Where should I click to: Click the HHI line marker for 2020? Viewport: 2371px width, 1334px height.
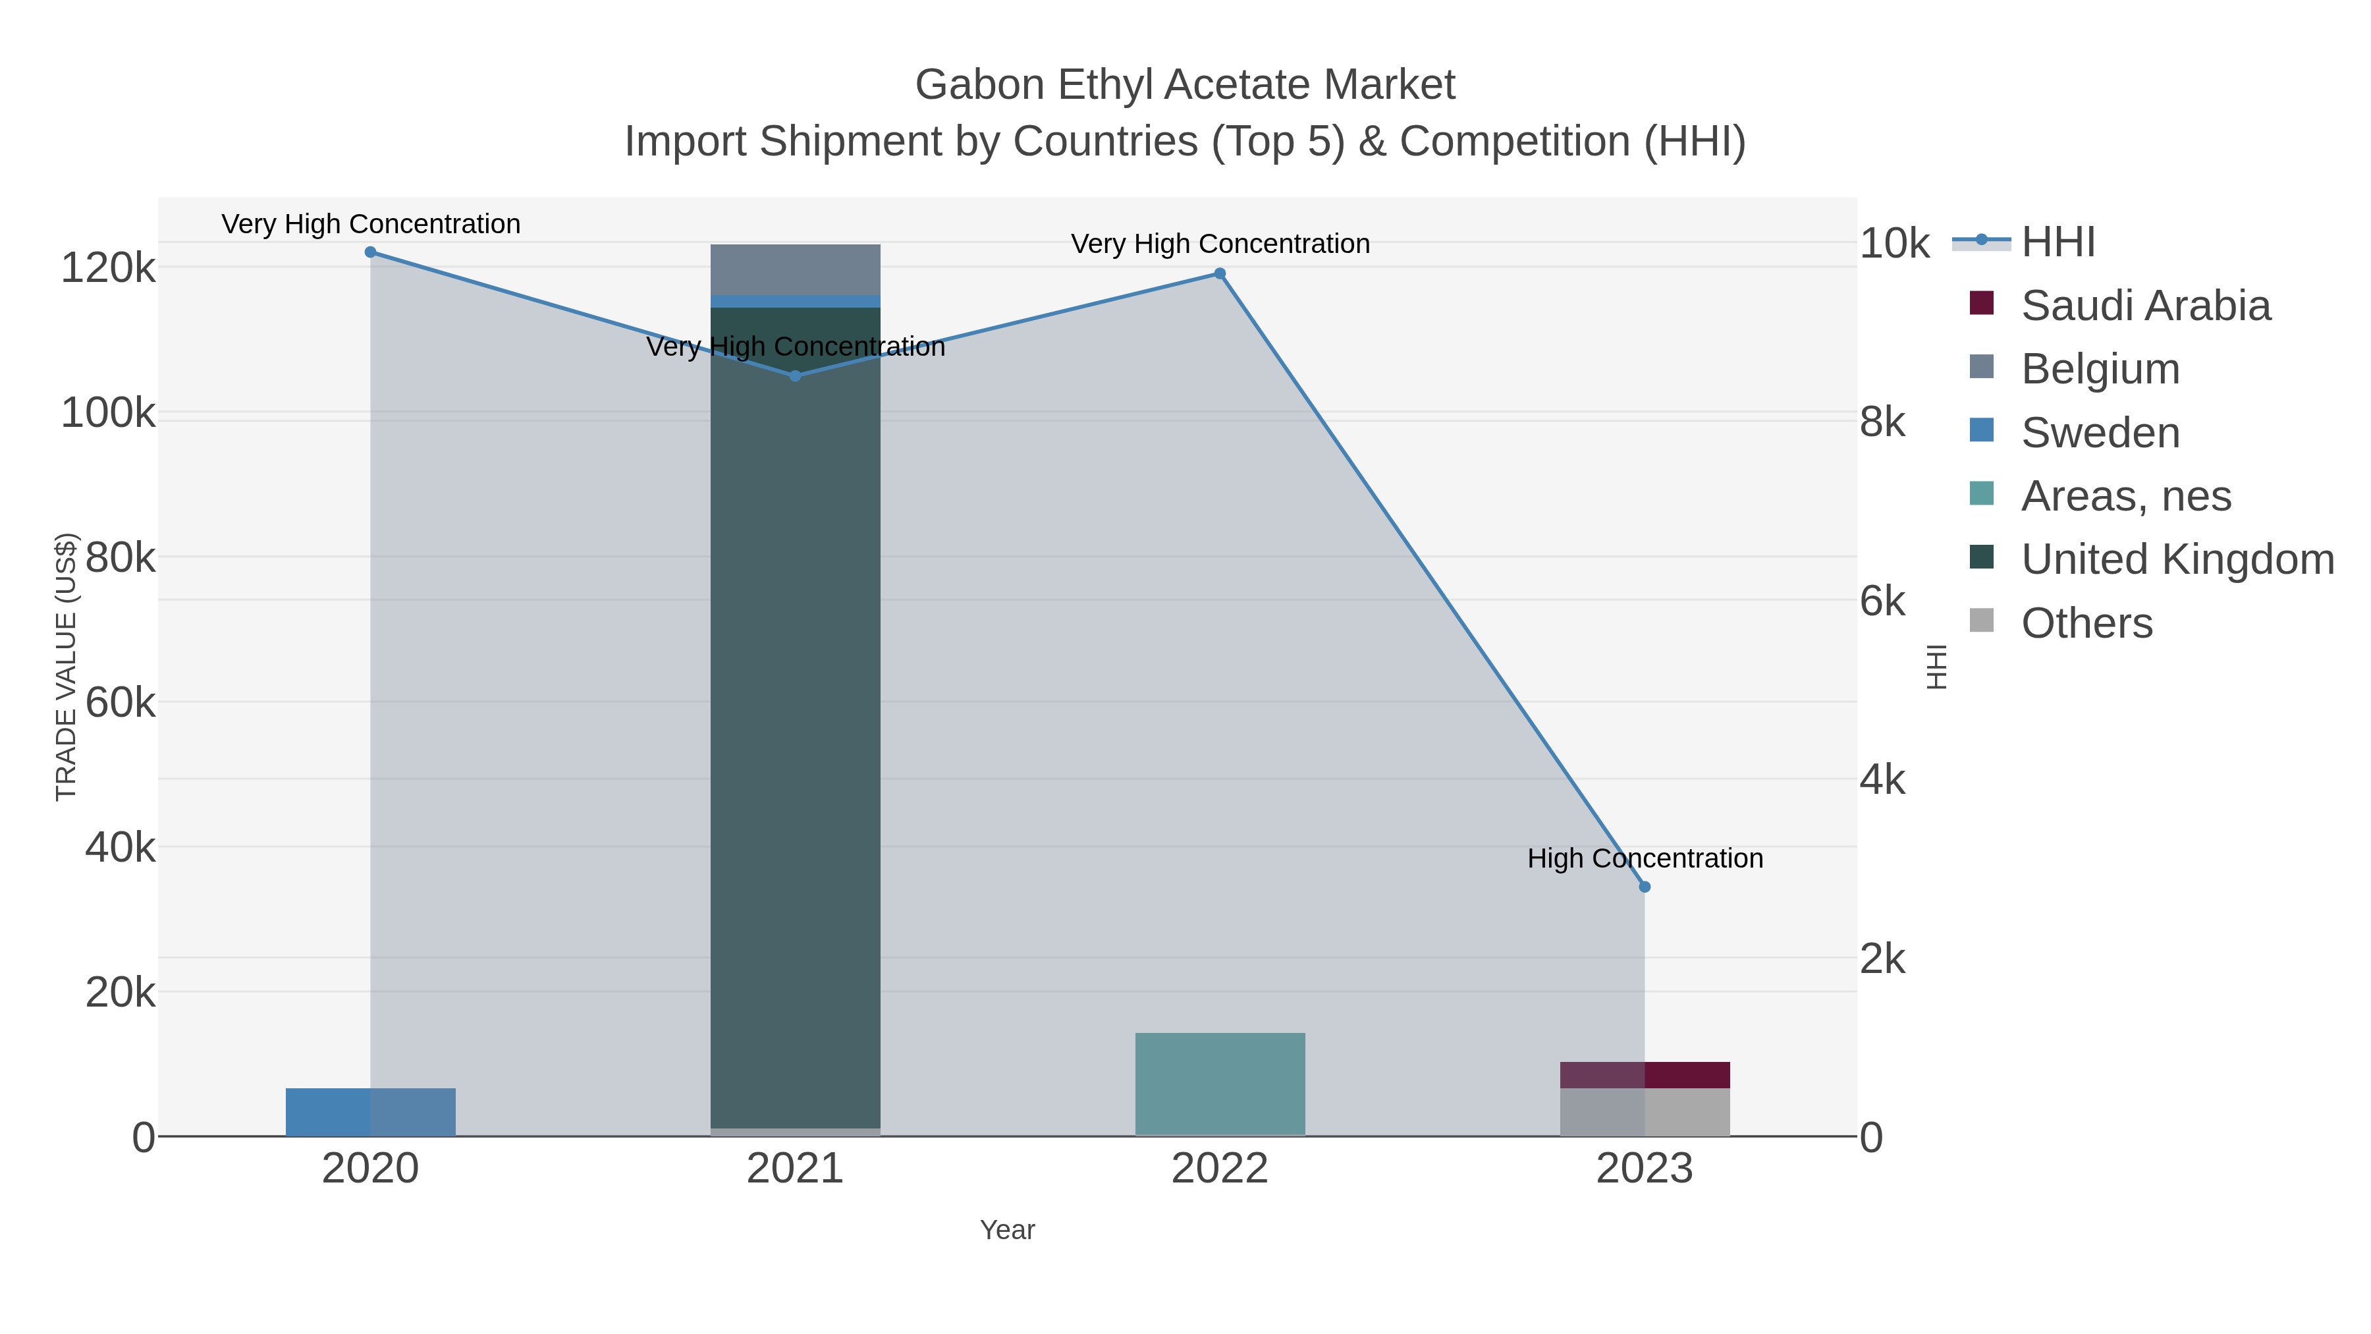click(x=370, y=252)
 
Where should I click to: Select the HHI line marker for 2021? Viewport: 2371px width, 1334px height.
click(x=795, y=375)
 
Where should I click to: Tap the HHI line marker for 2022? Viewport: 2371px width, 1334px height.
click(x=1220, y=273)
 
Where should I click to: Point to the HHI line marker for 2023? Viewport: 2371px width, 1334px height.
click(x=1645, y=887)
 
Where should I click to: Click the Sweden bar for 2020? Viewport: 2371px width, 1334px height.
click(x=370, y=1112)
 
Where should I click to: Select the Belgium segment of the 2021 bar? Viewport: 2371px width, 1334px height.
click(x=795, y=269)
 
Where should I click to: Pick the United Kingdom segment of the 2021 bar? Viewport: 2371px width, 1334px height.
click(x=795, y=718)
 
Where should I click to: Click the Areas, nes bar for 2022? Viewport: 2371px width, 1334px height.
click(x=1220, y=1084)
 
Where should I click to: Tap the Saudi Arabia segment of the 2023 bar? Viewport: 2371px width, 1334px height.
click(x=1645, y=1075)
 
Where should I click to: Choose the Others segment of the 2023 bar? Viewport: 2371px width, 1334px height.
click(x=1645, y=1112)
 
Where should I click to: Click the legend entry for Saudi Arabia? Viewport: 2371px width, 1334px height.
click(x=2144, y=306)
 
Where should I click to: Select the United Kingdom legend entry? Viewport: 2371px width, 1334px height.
click(x=2177, y=560)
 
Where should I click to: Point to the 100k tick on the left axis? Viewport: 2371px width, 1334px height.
click(x=108, y=413)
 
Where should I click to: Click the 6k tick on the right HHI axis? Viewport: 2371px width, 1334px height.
click(x=1882, y=601)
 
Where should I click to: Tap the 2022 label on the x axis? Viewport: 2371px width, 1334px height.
click(x=1220, y=1169)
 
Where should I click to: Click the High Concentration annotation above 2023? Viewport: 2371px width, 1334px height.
click(x=1645, y=858)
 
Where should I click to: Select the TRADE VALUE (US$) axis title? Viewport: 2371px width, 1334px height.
click(x=67, y=667)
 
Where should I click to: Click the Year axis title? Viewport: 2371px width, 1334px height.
click(x=1007, y=1230)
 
